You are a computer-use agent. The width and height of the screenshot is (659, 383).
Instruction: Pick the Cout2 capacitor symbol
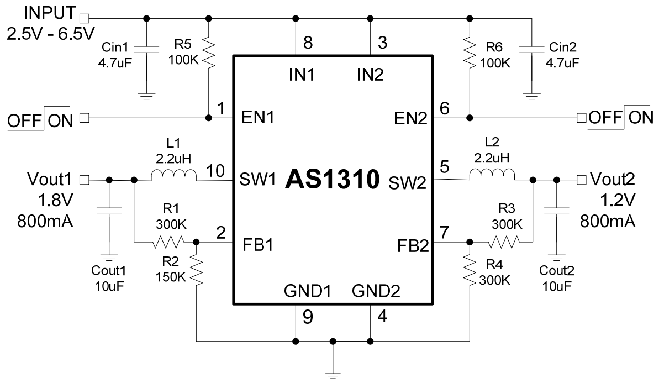[x=556, y=210]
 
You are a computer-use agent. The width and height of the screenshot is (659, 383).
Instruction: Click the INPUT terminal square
[x=85, y=18]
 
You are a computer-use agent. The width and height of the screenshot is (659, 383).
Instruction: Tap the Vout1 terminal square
[x=85, y=179]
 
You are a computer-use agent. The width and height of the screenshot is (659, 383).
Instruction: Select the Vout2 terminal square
[x=580, y=179]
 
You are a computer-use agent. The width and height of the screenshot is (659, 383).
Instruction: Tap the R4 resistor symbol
[x=469, y=269]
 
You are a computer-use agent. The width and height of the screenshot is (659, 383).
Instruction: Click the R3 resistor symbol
[x=503, y=242]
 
